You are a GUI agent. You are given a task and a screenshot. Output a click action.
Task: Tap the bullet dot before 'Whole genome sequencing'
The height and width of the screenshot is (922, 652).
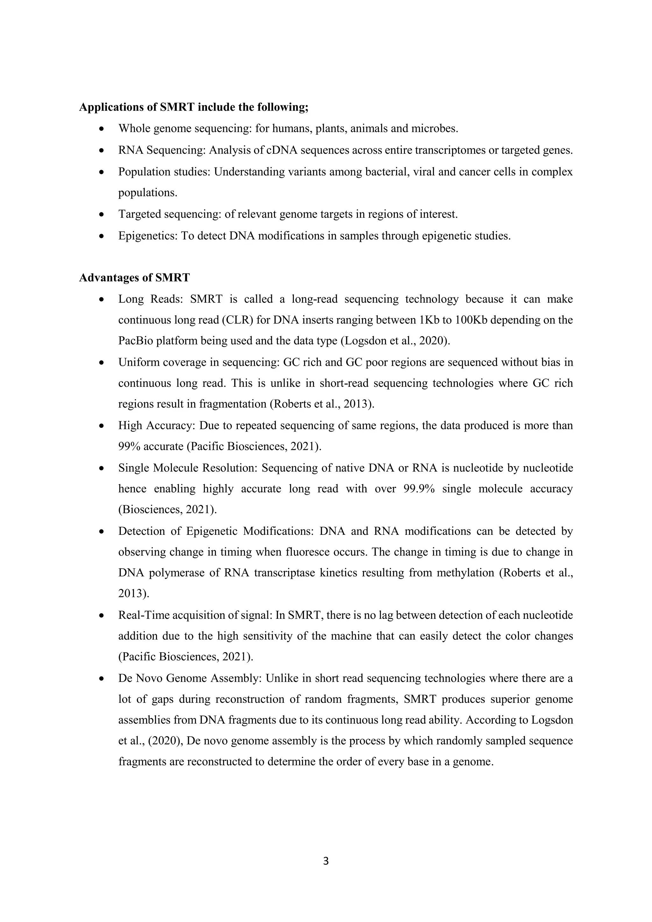102,129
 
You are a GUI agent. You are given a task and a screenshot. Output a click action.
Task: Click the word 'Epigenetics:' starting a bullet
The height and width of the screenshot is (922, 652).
148,236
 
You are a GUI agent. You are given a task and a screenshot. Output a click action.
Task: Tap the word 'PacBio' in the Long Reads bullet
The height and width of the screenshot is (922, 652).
135,341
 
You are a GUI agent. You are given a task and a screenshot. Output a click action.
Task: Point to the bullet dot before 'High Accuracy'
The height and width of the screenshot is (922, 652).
102,426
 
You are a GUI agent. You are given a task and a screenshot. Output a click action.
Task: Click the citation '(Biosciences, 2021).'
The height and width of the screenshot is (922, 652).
167,510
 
